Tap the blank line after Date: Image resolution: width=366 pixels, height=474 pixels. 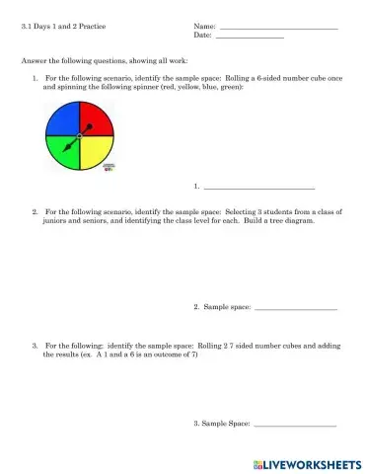click(249, 37)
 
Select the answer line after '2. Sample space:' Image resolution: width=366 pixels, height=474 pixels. click(295, 310)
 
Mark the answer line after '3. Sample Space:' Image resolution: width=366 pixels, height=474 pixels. click(295, 426)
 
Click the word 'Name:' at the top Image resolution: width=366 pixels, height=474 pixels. click(204, 26)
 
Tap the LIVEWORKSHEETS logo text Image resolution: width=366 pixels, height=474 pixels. click(312, 463)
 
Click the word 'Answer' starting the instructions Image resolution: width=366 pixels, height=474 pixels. click(33, 60)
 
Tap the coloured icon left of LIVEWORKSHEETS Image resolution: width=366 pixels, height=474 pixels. click(256, 463)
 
